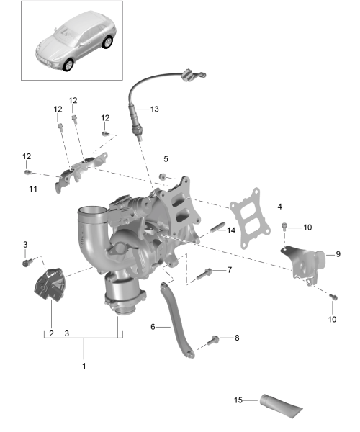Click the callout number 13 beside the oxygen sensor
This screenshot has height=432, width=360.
(155, 109)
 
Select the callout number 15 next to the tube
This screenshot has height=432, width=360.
(238, 400)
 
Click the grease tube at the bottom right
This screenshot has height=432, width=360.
(281, 406)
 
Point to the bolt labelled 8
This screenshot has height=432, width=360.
(213, 341)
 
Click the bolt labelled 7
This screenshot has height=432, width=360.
(204, 274)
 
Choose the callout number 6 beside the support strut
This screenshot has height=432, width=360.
(153, 327)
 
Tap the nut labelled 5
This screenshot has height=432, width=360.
(163, 176)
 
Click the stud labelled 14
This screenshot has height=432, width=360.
(218, 227)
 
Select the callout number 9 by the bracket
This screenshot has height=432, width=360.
(338, 254)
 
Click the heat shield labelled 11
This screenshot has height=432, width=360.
(81, 172)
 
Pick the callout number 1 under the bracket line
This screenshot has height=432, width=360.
(84, 366)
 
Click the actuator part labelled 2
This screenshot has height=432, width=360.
(50, 284)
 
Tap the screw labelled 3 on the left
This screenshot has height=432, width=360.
(27, 262)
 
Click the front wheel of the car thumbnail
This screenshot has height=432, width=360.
(68, 65)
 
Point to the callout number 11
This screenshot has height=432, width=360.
(33, 189)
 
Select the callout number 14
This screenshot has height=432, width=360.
(231, 230)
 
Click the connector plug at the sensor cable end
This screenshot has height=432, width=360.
(188, 75)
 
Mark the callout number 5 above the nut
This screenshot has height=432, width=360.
(166, 159)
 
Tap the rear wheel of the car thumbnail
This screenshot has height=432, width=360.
(107, 42)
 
